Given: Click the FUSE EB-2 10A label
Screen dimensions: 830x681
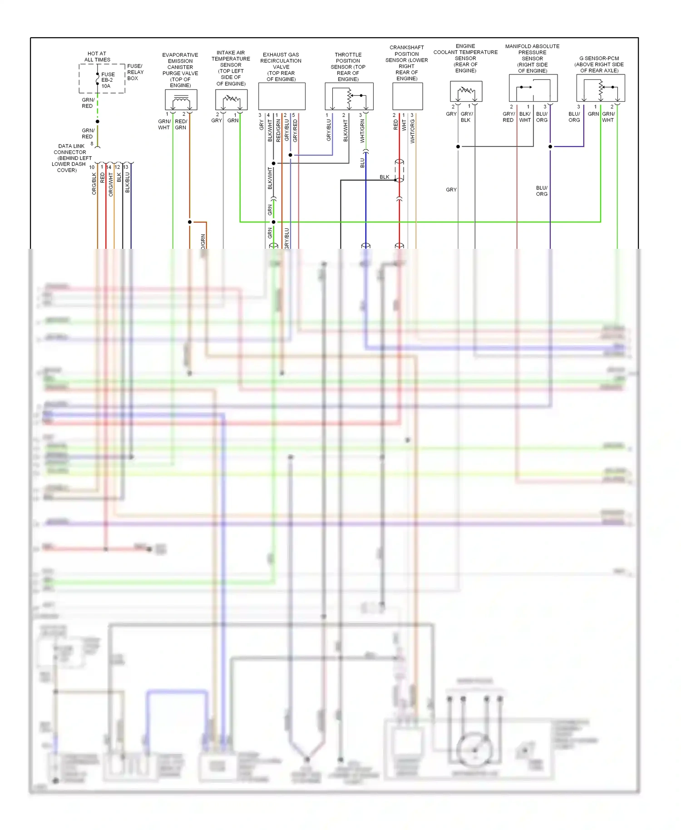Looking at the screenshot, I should point(108,80).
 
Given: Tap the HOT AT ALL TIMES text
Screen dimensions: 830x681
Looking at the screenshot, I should point(97,57).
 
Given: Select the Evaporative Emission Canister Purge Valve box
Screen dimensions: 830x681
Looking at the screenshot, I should point(181,99).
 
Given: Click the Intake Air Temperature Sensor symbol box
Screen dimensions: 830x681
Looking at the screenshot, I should point(231,99).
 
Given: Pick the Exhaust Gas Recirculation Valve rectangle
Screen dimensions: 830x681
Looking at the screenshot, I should point(281,96).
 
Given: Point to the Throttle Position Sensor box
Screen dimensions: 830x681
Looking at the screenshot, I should point(349,96).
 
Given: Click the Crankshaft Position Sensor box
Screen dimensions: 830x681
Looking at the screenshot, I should point(407,96).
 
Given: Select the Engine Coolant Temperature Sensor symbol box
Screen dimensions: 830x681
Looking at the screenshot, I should point(466,92).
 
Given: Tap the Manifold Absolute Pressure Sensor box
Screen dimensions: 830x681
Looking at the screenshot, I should point(533,88).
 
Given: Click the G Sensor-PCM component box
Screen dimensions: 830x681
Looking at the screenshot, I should point(600,88).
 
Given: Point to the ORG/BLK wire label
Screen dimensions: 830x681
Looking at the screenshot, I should point(94,184).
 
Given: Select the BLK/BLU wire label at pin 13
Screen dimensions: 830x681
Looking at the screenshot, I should point(128,182).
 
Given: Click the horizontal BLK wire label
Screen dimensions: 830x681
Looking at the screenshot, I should point(384,177).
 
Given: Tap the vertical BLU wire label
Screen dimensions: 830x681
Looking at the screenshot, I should point(362,163).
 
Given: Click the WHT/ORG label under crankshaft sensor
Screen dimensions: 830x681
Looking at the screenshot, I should point(412,132).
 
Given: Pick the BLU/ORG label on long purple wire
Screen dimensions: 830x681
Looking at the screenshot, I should point(542,191).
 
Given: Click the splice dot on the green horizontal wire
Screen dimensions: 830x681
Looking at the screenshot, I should point(273,222).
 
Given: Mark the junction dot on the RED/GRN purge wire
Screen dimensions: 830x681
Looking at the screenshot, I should point(190,222).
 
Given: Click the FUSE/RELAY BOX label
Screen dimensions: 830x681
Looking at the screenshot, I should point(135,72).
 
